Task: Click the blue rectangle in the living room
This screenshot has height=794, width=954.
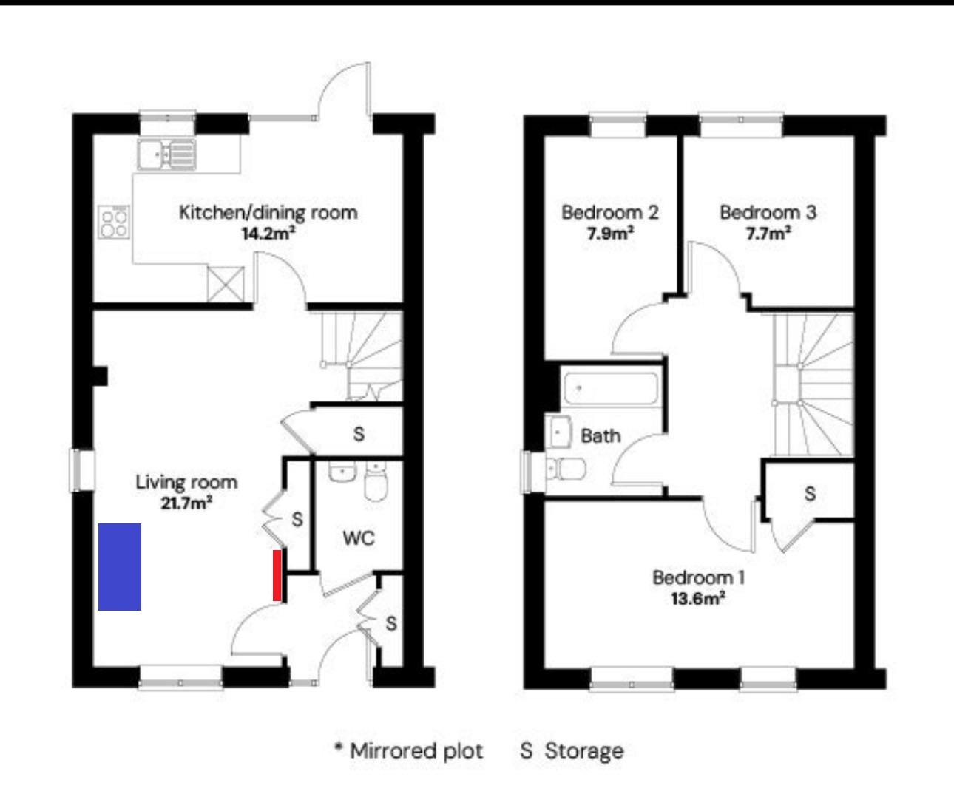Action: [120, 566]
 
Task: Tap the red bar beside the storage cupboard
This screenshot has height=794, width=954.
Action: [277, 575]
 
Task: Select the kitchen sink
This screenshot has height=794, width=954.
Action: [167, 155]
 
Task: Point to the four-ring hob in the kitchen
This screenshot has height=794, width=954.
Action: [114, 222]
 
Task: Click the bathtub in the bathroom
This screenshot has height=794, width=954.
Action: [611, 389]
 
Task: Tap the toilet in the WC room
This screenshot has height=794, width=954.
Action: [376, 482]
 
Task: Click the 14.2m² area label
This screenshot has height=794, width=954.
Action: [268, 234]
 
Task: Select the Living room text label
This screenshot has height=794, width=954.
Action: [186, 483]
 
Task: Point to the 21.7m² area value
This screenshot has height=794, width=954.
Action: [186, 503]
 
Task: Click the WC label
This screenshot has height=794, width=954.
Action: [359, 538]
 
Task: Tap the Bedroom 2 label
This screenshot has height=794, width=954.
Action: [610, 212]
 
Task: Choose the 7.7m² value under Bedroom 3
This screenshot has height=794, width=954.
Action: [768, 234]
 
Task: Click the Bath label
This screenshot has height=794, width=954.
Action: [601, 436]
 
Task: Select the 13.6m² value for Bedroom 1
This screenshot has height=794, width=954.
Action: [698, 599]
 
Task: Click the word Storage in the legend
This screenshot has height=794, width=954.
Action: [584, 751]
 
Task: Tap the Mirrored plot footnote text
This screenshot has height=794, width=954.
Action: [409, 751]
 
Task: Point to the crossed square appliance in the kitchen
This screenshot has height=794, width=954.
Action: [226, 284]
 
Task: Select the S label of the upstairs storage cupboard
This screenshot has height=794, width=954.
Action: [810, 494]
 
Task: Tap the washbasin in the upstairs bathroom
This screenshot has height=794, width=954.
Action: [558, 431]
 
